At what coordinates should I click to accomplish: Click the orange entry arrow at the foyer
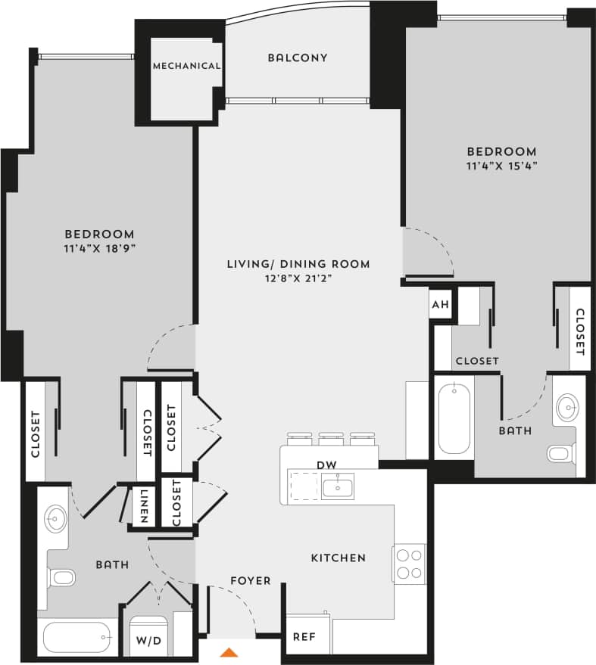point(230,651)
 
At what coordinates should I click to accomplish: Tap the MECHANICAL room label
point(186,66)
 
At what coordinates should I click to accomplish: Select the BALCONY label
point(298,57)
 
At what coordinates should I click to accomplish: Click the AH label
point(440,305)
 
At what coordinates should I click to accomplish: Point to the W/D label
point(148,641)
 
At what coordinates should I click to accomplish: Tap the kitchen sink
point(337,486)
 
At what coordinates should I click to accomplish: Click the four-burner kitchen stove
point(409,564)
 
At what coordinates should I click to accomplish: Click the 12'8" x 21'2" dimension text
point(298,278)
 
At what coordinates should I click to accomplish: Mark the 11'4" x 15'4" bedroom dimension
point(502,165)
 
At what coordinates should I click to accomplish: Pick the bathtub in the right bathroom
point(454,418)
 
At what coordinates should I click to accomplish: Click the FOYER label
point(250,580)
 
